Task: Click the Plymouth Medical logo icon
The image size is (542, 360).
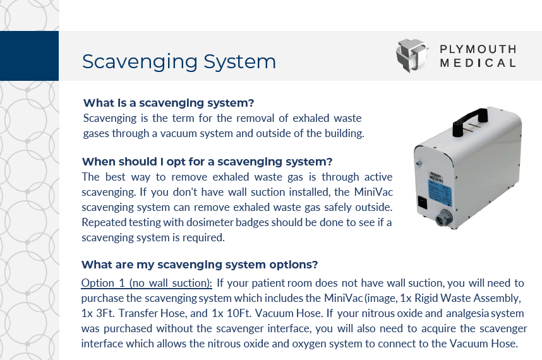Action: pos(412,56)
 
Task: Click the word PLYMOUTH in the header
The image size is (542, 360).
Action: pos(478,49)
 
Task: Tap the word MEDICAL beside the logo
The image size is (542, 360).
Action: pos(478,63)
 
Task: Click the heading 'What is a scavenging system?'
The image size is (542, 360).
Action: pos(169,103)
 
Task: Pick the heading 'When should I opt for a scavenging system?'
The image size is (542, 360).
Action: pos(207,161)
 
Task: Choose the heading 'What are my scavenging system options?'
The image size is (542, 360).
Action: pos(200,264)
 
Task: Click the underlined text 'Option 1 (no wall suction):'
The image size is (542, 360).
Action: pos(147,282)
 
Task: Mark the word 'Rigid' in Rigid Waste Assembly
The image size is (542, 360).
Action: pos(438,297)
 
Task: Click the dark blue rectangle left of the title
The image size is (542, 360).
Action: pos(29,56)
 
